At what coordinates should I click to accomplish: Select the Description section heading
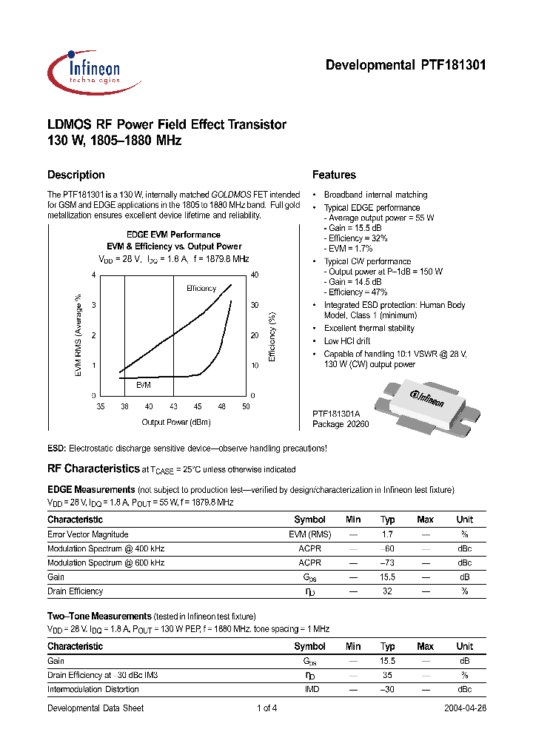[x=76, y=175]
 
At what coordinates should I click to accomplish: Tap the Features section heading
[x=334, y=175]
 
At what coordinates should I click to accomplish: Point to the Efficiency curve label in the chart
[x=201, y=289]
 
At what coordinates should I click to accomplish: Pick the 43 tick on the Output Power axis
[x=173, y=406]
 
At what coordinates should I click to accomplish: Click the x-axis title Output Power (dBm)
[x=173, y=422]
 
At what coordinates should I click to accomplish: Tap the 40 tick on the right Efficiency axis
[x=255, y=275]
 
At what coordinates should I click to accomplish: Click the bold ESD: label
[x=57, y=449]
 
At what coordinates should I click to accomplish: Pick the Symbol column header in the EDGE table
[x=309, y=520]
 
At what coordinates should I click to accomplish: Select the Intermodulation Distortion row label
[x=93, y=690]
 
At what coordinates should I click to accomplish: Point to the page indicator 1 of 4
[x=266, y=708]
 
